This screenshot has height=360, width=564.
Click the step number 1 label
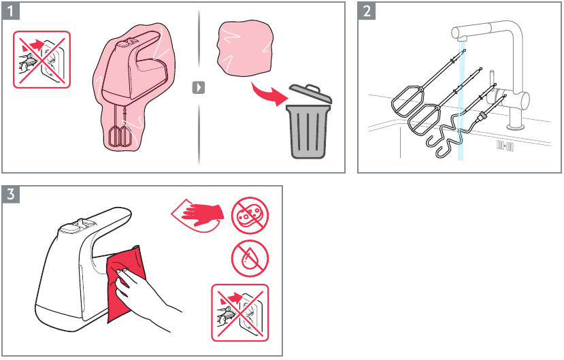tap(11, 11)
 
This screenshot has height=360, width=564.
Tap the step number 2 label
tap(367, 11)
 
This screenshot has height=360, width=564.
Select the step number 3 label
tap(11, 195)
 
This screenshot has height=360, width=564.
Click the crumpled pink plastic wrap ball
tap(245, 49)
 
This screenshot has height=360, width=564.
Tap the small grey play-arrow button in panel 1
tap(199, 87)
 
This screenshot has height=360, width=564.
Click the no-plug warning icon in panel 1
tap(42, 59)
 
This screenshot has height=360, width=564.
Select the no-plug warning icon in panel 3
tap(240, 312)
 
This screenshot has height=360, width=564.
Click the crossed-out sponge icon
tap(250, 216)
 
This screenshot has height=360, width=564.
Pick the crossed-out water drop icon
tap(250, 259)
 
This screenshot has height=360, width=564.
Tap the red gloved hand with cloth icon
tap(197, 215)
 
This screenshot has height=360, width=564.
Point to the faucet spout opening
tap(462, 39)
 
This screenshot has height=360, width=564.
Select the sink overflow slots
tap(505, 146)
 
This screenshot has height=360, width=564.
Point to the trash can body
tap(308, 131)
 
